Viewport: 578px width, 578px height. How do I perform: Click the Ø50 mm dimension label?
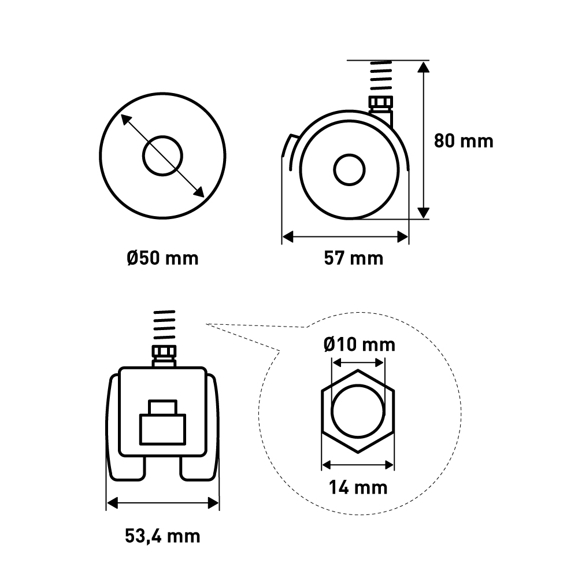click(162, 258)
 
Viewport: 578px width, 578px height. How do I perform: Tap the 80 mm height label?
click(464, 141)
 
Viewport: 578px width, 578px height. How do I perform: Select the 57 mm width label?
click(354, 258)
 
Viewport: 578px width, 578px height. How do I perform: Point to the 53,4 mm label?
click(162, 536)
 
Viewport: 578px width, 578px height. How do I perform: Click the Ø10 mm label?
click(360, 344)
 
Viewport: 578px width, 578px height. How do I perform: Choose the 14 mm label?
click(358, 487)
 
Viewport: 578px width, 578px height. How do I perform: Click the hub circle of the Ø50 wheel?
click(162, 156)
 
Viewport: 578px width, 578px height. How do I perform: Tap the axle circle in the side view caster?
click(349, 169)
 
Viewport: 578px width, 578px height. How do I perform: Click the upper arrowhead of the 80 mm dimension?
click(424, 67)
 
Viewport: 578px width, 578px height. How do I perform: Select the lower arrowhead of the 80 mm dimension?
click(424, 213)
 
